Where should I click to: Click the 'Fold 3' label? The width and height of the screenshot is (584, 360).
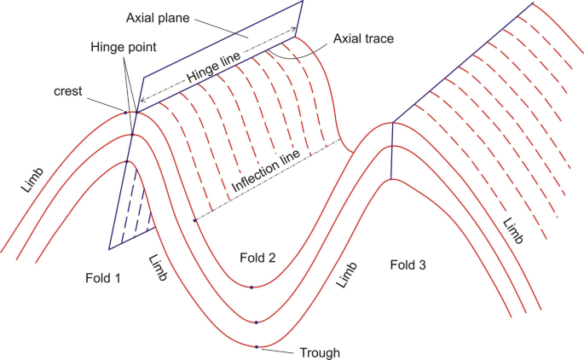408,264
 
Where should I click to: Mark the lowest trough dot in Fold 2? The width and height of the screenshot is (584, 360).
257,346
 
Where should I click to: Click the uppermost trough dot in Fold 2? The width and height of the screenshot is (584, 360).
252,287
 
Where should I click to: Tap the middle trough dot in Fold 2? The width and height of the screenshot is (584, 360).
255,322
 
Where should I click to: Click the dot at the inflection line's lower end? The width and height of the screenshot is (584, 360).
194,220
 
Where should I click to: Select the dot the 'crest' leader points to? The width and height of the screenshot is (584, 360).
125,112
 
